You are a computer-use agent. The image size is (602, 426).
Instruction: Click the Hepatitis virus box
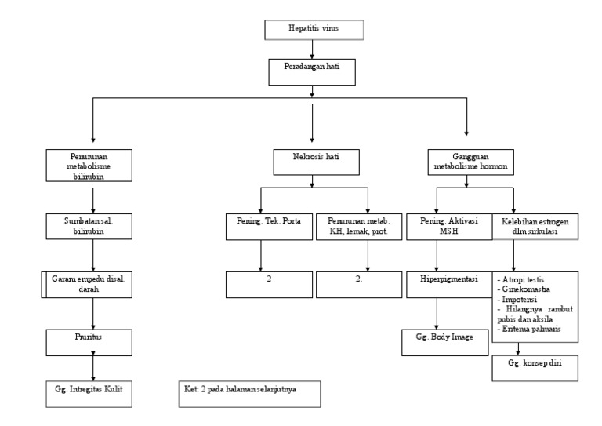313,31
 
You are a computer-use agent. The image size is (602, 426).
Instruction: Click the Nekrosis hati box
313,161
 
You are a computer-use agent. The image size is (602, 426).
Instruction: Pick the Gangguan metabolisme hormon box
467,162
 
